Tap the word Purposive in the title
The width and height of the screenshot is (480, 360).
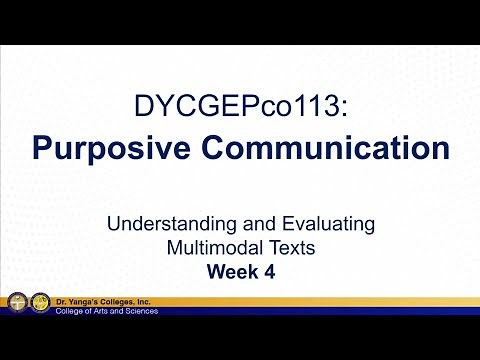pos(123,148)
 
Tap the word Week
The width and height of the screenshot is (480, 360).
pos(231,270)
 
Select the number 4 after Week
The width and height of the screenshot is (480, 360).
pos(272,270)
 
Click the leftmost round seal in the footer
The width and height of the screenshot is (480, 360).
pos(17,304)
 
